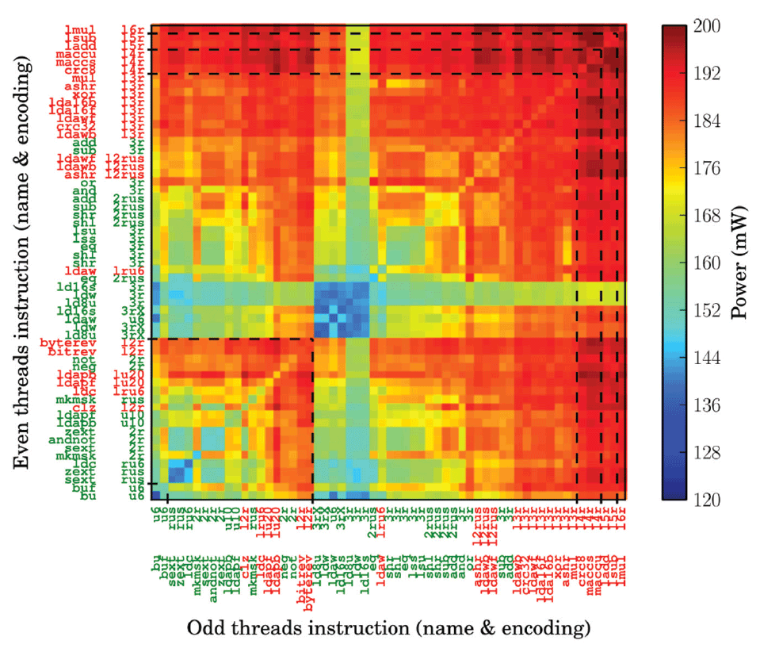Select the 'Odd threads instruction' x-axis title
[x=389, y=629]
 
